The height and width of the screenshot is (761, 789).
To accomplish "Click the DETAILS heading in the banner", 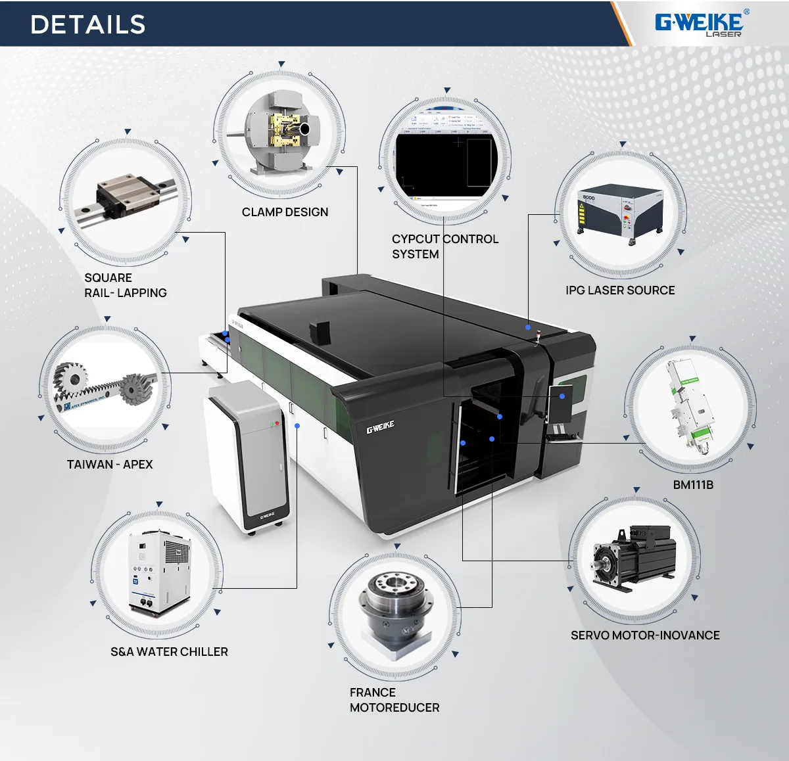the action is [x=87, y=25].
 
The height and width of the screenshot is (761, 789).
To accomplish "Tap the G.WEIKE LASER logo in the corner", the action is [x=700, y=24].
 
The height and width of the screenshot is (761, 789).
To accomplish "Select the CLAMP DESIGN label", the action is [x=285, y=212].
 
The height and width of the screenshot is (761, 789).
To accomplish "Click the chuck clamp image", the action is [x=281, y=133].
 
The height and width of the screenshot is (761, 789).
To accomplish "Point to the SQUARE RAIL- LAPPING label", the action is [x=125, y=285].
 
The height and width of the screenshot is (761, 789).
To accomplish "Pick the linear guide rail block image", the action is [x=125, y=197].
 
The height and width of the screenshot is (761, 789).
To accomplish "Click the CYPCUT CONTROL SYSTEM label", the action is [x=444, y=246].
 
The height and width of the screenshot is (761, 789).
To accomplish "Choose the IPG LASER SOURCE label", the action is [x=620, y=290].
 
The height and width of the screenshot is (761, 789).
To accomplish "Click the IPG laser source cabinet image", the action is [x=621, y=212].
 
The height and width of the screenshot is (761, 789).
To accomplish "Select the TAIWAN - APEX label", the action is [x=110, y=465].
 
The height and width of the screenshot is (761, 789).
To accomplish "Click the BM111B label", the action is [x=693, y=485].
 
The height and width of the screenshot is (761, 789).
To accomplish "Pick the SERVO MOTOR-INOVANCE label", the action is [x=645, y=635].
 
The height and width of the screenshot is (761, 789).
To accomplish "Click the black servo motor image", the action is [x=634, y=558].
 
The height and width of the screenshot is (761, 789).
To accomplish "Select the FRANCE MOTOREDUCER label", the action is [x=394, y=700].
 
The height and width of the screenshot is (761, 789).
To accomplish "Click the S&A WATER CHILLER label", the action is [x=169, y=652].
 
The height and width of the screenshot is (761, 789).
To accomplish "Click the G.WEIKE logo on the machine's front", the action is [x=380, y=428].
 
